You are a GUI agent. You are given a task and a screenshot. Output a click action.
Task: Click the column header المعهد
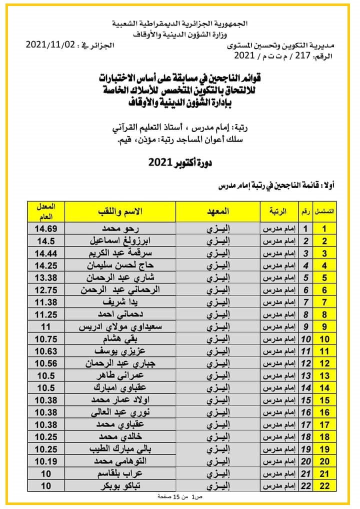pos(218,211)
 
